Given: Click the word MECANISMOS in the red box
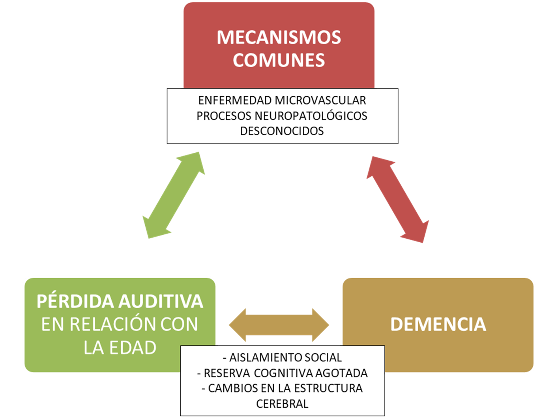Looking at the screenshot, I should point(279,37).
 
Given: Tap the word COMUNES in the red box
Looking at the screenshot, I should point(279,60).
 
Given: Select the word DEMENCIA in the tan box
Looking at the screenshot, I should point(438,324).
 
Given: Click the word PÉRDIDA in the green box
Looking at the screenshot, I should point(75,301).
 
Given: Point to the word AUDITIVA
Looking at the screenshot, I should point(161,301).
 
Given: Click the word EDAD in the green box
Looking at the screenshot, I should point(133,348).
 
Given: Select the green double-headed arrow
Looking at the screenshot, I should point(174,195).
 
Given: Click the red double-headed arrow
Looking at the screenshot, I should point(398,199).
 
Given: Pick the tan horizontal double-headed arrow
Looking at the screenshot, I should point(279,325).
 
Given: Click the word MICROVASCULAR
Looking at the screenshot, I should point(320,101).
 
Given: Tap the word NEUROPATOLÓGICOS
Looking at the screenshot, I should point(311,116).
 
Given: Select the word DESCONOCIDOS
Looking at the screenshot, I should point(282,131).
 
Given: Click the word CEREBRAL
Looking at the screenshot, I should point(282,404).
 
